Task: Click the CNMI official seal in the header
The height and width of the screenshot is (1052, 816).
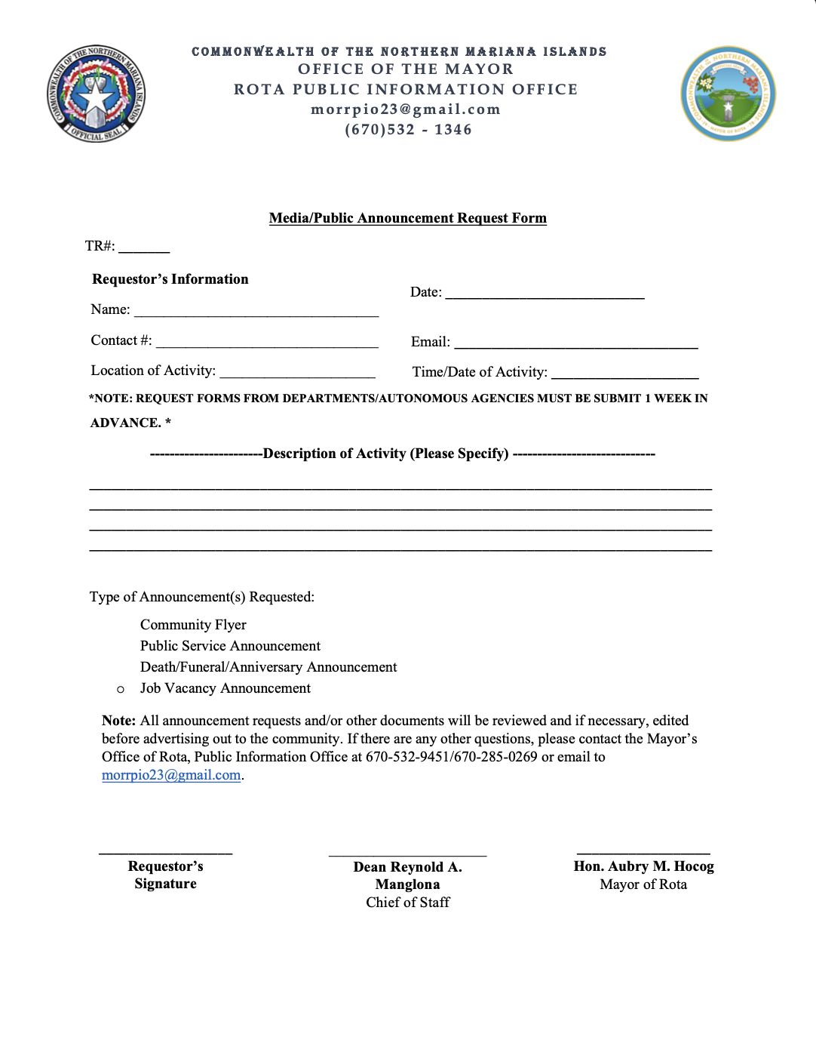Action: point(96,93)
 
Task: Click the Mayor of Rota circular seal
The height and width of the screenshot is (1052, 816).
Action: point(728,94)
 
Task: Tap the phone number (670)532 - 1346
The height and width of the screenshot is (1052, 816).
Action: point(408,130)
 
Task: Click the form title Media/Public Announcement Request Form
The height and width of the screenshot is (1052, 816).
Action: point(408,218)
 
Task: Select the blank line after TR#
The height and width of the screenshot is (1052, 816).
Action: point(144,249)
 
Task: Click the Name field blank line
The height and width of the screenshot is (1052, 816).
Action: point(256,313)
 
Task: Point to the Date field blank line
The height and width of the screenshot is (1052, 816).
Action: point(545,296)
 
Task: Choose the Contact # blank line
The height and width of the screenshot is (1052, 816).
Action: point(267,344)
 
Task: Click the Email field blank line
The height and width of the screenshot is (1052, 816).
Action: point(575,345)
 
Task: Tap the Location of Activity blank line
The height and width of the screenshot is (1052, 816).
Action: point(297,374)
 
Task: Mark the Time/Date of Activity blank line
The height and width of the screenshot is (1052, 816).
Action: point(624,375)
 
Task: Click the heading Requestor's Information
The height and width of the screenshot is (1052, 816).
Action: point(170,279)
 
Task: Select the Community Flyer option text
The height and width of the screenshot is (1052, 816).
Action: point(193,625)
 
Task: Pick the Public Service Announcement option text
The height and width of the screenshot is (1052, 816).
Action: point(230,646)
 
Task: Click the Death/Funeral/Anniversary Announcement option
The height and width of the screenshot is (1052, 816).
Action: point(268,667)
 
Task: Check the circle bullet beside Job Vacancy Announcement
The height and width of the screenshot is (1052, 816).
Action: point(121,689)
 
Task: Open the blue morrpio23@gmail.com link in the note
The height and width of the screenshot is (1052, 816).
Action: point(171,775)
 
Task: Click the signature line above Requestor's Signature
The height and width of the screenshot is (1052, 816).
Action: point(165,853)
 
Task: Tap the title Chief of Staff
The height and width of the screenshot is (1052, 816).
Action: point(408,903)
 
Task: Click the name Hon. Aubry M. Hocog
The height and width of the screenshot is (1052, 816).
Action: point(643,866)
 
